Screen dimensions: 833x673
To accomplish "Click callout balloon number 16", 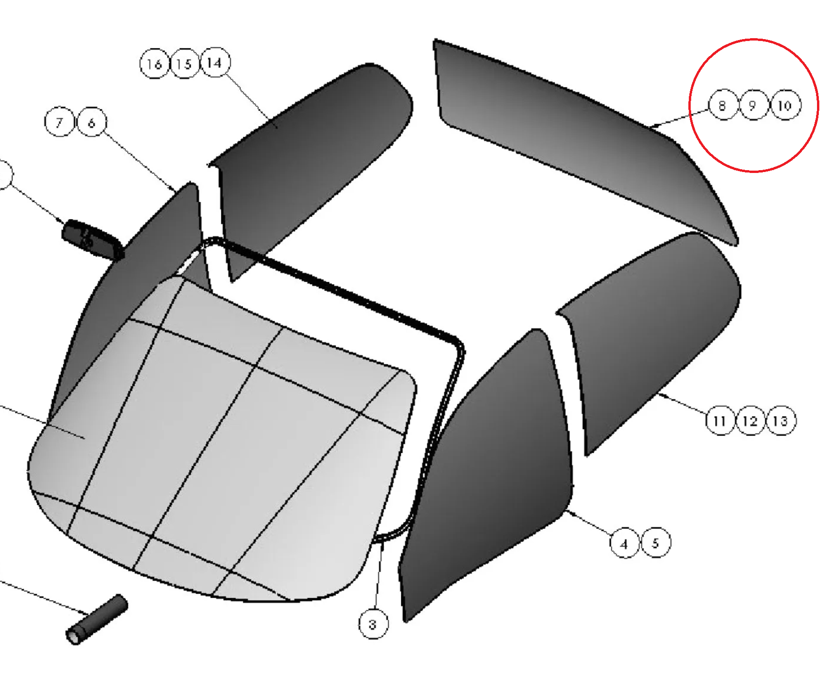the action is coord(155,63).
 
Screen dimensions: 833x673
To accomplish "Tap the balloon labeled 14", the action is coord(215,62).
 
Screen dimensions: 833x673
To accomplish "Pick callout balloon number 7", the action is coord(59,122).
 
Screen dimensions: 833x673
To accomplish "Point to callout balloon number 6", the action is coord(91,122).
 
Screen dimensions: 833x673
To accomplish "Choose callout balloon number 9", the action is coord(753,105).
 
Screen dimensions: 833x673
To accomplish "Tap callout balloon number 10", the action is coord(784,105).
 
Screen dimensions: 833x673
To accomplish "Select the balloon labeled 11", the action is coord(720,420).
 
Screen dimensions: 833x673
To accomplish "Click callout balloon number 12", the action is coord(751,420).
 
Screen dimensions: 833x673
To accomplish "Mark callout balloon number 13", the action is coord(781,420).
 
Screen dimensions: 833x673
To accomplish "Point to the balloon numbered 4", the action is coord(625,543).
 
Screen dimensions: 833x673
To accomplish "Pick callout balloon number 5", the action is coord(656,542).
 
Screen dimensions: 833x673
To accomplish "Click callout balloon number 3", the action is coord(374,624).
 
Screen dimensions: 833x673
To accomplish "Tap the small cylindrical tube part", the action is coord(97,619).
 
